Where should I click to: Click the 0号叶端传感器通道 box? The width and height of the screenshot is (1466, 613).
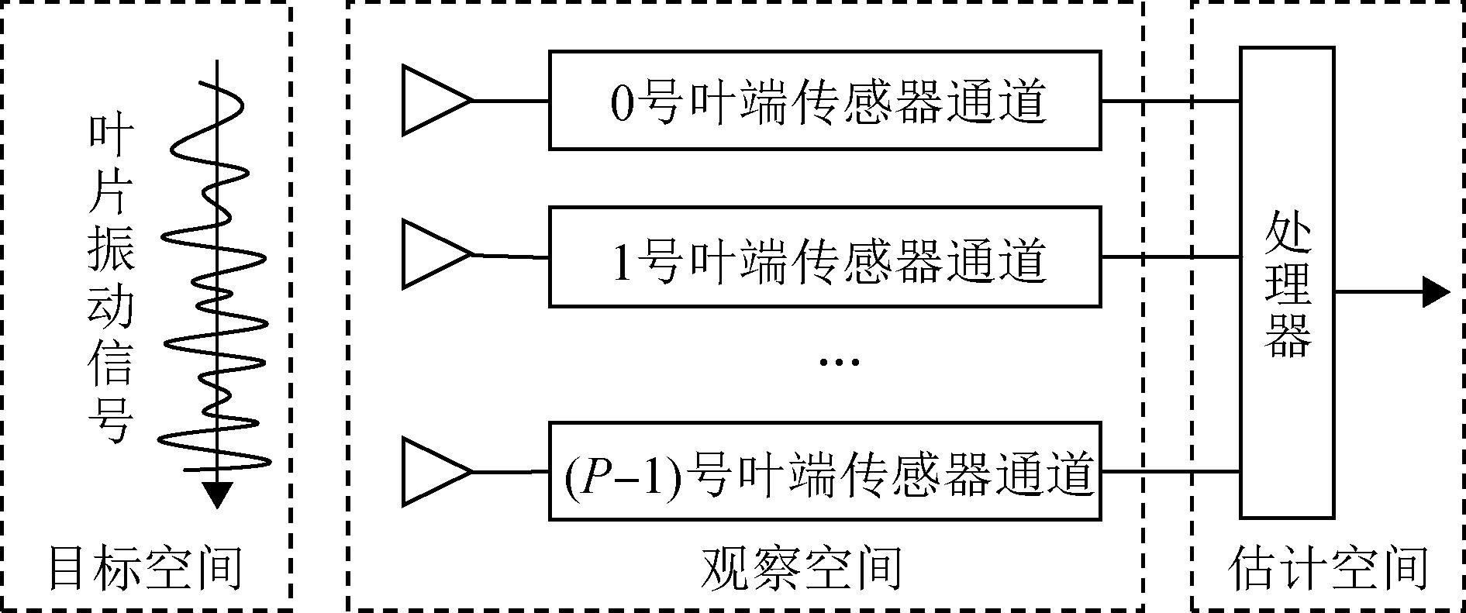pyautogui.click(x=824, y=100)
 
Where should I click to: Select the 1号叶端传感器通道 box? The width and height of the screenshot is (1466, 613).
pyautogui.click(x=824, y=257)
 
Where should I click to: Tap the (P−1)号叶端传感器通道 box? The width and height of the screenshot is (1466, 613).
pyautogui.click(x=824, y=471)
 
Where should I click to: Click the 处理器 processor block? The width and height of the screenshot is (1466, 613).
pyautogui.click(x=1286, y=283)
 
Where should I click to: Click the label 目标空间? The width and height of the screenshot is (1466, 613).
pyautogui.click(x=145, y=568)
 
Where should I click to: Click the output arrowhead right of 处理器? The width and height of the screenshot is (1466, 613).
pyautogui.click(x=1436, y=292)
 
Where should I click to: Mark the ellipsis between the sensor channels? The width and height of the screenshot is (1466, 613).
pyautogui.click(x=840, y=361)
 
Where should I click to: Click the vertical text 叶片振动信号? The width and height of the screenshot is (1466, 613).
pyautogui.click(x=111, y=279)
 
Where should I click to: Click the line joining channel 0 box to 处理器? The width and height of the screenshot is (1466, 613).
pyautogui.click(x=1170, y=101)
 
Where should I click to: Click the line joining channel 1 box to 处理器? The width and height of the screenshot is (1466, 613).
pyautogui.click(x=1170, y=257)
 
